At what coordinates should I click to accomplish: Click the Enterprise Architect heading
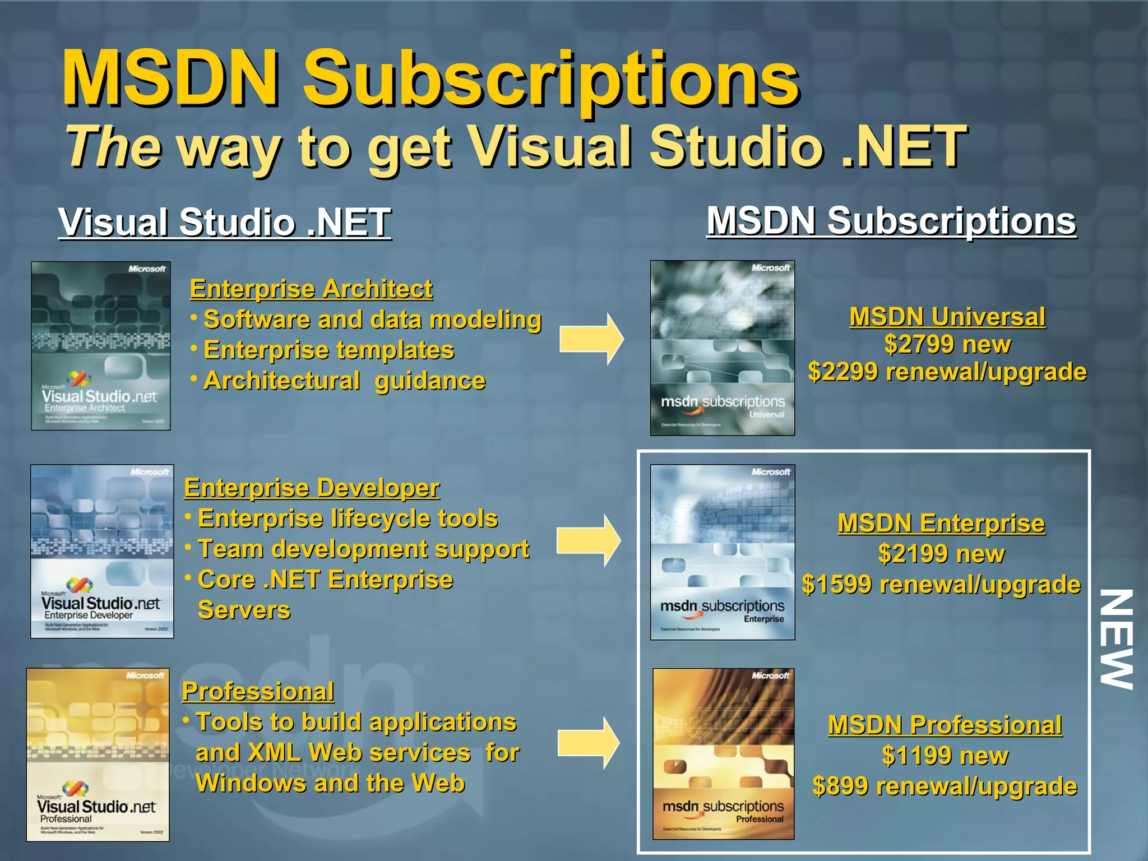pos(311,289)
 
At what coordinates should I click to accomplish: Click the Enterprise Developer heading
pos(312,488)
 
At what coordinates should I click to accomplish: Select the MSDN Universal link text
pos(947,317)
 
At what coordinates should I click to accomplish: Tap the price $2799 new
pos(947,344)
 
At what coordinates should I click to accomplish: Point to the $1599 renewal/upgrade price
pos(941,585)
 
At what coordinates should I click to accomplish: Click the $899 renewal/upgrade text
pos(945,786)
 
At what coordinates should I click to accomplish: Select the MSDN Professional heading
pos(945,725)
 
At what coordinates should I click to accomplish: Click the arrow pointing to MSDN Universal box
pos(591,339)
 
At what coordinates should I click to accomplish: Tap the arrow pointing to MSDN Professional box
pos(589,743)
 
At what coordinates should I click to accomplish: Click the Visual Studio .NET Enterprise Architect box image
pos(101,346)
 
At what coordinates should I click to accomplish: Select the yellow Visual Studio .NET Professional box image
pos(98,754)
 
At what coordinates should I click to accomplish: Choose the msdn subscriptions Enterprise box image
pos(723,552)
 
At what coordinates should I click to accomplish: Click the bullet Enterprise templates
pos(328,350)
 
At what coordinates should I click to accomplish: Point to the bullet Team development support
pos(363,549)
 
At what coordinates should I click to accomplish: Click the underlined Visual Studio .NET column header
pos(225,222)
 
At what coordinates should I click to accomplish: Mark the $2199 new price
pos(941,554)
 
